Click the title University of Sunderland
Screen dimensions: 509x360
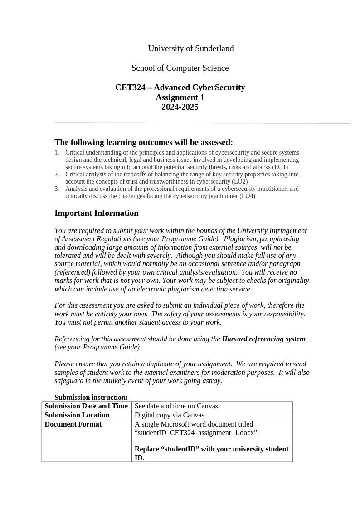click(190, 48)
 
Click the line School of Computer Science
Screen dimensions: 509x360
click(180, 68)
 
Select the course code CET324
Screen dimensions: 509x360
click(130, 87)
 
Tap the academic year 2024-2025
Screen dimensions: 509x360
click(180, 107)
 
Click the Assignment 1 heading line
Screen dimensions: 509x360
click(180, 97)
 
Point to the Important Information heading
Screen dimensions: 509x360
click(97, 213)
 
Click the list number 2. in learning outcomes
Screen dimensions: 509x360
click(57, 175)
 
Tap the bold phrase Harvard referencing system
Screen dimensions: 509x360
click(263, 339)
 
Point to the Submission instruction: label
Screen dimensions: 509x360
click(91, 398)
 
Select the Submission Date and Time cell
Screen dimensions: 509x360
click(86, 406)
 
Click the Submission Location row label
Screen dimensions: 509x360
click(77, 415)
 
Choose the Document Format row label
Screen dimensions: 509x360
click(73, 424)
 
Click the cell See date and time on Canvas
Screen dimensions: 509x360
click(176, 406)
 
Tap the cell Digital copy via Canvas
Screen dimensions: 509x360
click(169, 415)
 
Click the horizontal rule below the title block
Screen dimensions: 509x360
click(202, 123)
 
